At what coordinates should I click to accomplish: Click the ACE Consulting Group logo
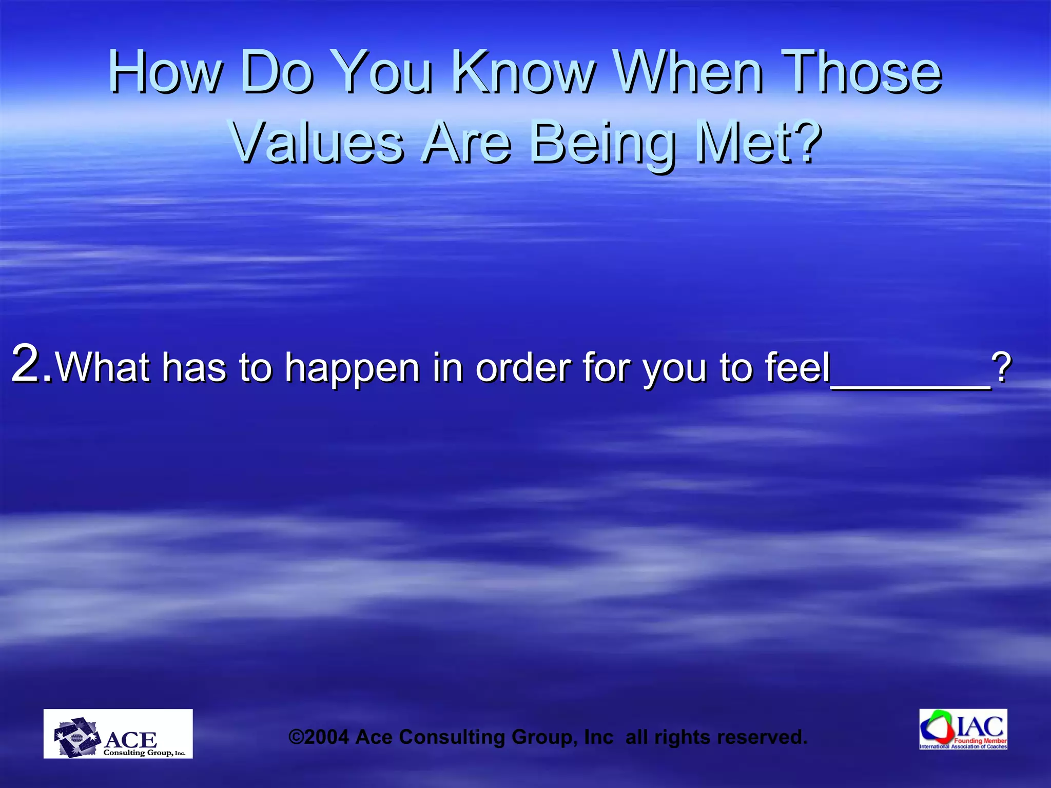click(118, 734)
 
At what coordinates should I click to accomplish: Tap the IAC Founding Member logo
click(963, 729)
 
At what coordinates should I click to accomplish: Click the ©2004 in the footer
click(319, 737)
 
